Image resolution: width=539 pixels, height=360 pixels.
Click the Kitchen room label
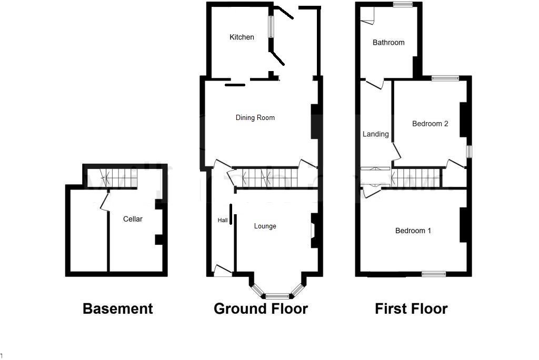pos(242,37)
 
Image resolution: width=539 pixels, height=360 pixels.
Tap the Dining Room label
pos(255,118)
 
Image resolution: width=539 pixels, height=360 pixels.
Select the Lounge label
pos(265,226)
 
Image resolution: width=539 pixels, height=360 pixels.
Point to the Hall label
pos(223,221)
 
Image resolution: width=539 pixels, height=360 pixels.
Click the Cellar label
pos(133,219)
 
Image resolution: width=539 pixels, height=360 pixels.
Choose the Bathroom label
pos(388,43)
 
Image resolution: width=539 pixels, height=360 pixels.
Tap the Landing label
pos(376,134)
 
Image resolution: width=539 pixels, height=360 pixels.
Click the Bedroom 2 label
pos(430,124)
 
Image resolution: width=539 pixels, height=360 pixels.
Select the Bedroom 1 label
pos(413,231)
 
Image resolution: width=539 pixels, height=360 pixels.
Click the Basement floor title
pos(118,309)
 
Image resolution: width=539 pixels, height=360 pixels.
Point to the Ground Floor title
pos(261,309)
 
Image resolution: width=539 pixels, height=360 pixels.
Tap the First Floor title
pos(411,309)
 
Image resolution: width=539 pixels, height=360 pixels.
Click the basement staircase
pos(111,177)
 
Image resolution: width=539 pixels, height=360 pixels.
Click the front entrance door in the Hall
pos(223,271)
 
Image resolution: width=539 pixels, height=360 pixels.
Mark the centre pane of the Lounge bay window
pos(277,296)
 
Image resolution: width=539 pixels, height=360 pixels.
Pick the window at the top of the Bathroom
pos(403,5)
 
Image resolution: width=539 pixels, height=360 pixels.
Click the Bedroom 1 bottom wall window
pos(434,274)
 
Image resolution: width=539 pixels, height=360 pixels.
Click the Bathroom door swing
pos(375,84)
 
